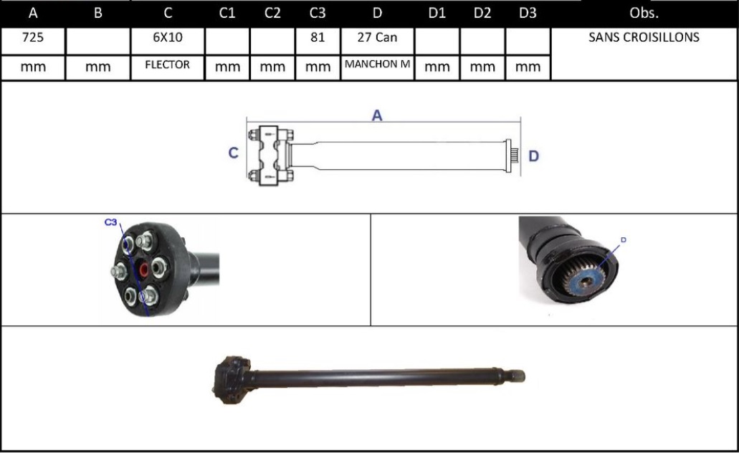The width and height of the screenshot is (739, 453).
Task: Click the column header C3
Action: [x=318, y=13]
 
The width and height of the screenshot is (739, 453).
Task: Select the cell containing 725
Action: [x=32, y=38]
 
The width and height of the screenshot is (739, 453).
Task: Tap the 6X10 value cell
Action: [x=167, y=38]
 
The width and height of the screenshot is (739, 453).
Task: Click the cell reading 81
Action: [x=318, y=38]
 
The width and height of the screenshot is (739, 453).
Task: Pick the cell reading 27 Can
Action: [x=377, y=38]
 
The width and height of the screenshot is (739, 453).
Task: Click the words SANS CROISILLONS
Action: [x=644, y=38]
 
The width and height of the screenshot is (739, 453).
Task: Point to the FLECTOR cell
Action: [x=167, y=65]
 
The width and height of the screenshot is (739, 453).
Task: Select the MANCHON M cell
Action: [x=377, y=65]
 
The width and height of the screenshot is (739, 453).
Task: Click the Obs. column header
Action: [x=644, y=13]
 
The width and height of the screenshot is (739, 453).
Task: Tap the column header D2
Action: [x=482, y=13]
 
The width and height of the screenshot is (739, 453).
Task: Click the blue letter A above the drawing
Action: [x=377, y=115]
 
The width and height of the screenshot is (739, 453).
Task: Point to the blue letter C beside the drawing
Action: [x=233, y=153]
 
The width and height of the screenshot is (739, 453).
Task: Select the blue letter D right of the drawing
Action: [x=533, y=156]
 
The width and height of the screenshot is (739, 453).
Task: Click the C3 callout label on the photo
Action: [x=111, y=223]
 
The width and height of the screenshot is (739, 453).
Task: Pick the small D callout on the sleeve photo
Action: [x=623, y=239]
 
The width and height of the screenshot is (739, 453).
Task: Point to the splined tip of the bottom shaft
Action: [x=518, y=376]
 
